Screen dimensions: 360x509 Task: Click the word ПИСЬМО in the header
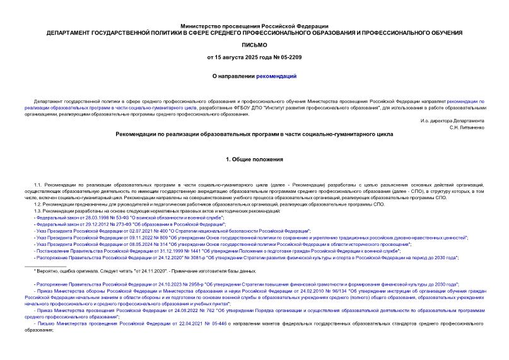click(254, 45)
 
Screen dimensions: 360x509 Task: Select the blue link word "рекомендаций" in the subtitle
click(276, 76)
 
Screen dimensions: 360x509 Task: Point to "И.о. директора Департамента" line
click(452, 120)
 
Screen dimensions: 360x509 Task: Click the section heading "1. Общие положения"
click(254, 160)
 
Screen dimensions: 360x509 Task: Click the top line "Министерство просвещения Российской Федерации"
click(254, 25)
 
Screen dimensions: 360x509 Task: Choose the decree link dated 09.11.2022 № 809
click(252, 238)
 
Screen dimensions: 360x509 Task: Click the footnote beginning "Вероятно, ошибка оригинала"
click(145, 271)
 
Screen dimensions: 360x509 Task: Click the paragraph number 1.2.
click(37, 205)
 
